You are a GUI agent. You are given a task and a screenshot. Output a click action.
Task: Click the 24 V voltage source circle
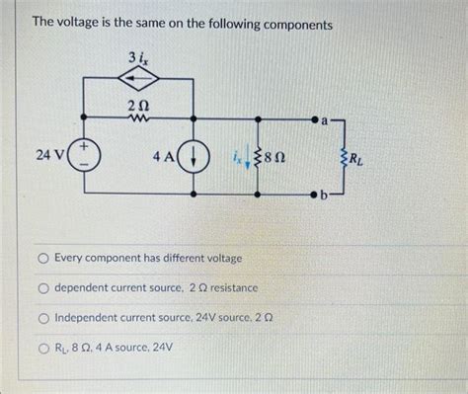[83, 156]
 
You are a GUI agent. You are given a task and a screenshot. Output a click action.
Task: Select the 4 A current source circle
[195, 156]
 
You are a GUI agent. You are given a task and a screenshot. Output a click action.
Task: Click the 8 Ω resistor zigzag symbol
[258, 156]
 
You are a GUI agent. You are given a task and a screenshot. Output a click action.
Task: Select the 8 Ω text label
[279, 156]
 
